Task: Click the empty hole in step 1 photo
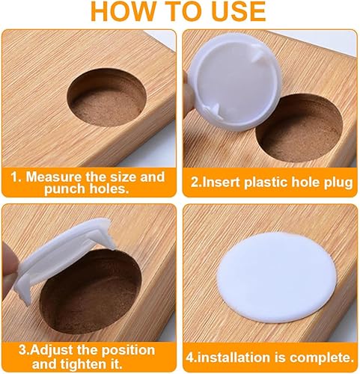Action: tap(106, 97)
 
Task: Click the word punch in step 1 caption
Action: tap(64, 189)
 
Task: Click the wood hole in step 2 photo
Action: tap(299, 128)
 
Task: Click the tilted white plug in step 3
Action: tap(62, 257)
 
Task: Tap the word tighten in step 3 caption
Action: tap(84, 364)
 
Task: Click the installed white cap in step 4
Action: tap(277, 278)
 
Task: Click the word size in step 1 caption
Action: tap(123, 177)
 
